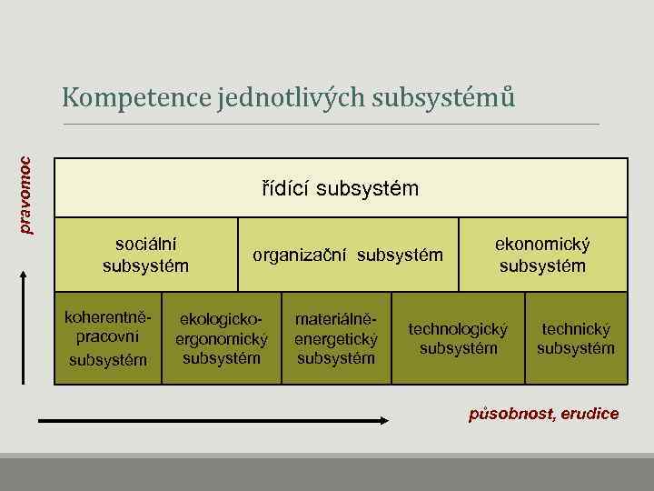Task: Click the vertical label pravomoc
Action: point(26,195)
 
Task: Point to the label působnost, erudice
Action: point(544,415)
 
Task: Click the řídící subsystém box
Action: point(341,189)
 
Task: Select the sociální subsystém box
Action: point(145,255)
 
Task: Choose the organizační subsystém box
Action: point(348,255)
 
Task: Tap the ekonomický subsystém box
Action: point(542,255)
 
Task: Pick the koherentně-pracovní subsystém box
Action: point(107,338)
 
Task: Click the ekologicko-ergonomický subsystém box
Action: point(222,338)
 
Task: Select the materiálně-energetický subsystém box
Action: point(336,338)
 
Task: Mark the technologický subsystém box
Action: point(459,338)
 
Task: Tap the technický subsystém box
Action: point(576,338)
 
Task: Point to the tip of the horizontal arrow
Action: point(385,419)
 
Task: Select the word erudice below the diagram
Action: point(590,415)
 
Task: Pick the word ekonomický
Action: point(542,245)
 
